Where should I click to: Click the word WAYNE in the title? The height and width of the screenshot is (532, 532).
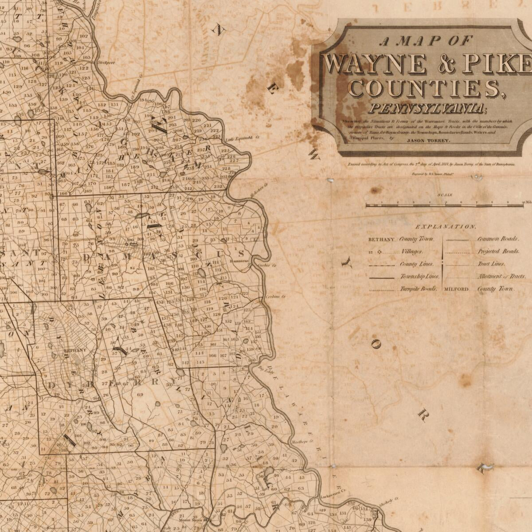click(377, 64)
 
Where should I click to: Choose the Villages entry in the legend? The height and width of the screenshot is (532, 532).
click(412, 251)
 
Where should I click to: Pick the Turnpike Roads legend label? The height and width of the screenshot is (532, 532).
click(419, 289)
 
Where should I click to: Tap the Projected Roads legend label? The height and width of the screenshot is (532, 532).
click(498, 251)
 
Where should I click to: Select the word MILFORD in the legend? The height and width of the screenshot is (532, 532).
click(456, 289)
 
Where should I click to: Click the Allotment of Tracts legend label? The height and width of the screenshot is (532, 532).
click(501, 276)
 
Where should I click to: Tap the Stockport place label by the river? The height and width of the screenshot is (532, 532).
click(106, 63)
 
